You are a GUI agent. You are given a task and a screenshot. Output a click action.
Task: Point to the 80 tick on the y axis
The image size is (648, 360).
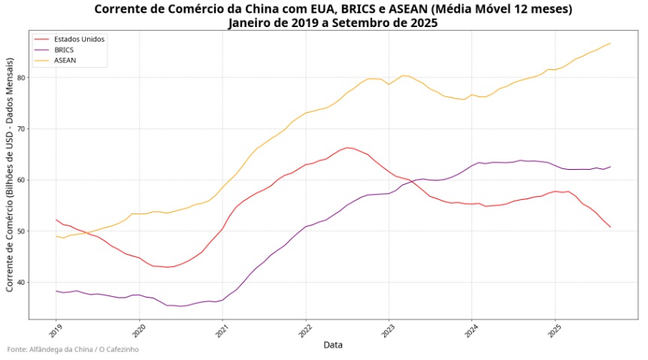pos(22,77)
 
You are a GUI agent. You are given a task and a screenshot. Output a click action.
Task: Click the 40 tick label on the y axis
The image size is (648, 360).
pos(22,283)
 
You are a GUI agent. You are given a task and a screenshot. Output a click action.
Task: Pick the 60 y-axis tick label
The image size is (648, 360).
pos(22,180)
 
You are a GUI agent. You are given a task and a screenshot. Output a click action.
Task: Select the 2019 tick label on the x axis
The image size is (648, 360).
pos(55,331)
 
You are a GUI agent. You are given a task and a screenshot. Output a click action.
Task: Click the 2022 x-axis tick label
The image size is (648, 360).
pos(304,331)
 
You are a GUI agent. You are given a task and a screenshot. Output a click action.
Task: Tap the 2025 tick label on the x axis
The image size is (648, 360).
pos(554,331)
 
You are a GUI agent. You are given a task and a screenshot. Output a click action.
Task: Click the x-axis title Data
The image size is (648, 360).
pos(333,345)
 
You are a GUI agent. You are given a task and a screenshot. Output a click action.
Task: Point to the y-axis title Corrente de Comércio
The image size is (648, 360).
pos(10,177)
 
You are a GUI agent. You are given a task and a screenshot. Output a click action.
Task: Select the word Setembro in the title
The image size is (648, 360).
pos(363,23)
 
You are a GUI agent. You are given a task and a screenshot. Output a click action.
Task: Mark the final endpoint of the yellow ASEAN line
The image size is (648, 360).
pos(610,43)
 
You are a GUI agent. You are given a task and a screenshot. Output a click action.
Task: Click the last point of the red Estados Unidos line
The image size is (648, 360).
pos(610,227)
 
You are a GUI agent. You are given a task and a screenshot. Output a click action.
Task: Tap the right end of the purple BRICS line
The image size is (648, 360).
pos(610,167)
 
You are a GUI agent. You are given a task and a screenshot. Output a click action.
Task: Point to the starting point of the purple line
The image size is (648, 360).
pos(56,291)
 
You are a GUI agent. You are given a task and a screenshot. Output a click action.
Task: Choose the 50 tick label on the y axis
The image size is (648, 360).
pos(22,231)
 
